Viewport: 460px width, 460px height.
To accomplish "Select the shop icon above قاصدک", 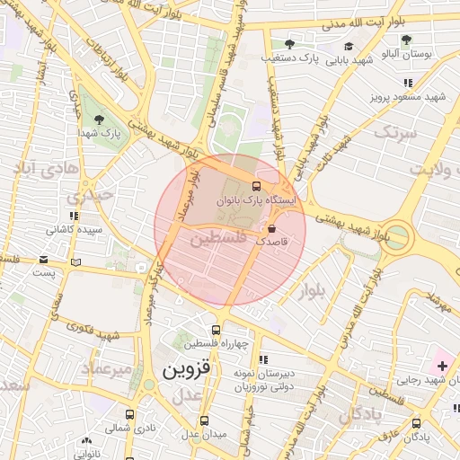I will (271, 229).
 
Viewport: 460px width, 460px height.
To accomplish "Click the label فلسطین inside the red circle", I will (217, 240).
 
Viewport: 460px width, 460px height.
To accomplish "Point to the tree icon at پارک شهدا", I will (99, 119).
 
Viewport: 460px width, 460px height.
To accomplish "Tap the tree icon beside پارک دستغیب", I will (288, 43).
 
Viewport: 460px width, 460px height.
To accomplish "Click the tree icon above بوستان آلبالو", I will (406, 40).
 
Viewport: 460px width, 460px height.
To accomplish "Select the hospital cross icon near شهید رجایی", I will (442, 366).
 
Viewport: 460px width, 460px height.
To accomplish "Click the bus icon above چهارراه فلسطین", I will (216, 330).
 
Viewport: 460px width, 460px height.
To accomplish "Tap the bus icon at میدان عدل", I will (204, 420).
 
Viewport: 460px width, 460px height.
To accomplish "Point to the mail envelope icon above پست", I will (43, 258).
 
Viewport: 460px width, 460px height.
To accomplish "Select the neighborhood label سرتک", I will (397, 133).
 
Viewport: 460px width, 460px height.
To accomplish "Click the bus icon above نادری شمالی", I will (131, 415).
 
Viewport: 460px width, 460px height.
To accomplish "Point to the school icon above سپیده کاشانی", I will (74, 216).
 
